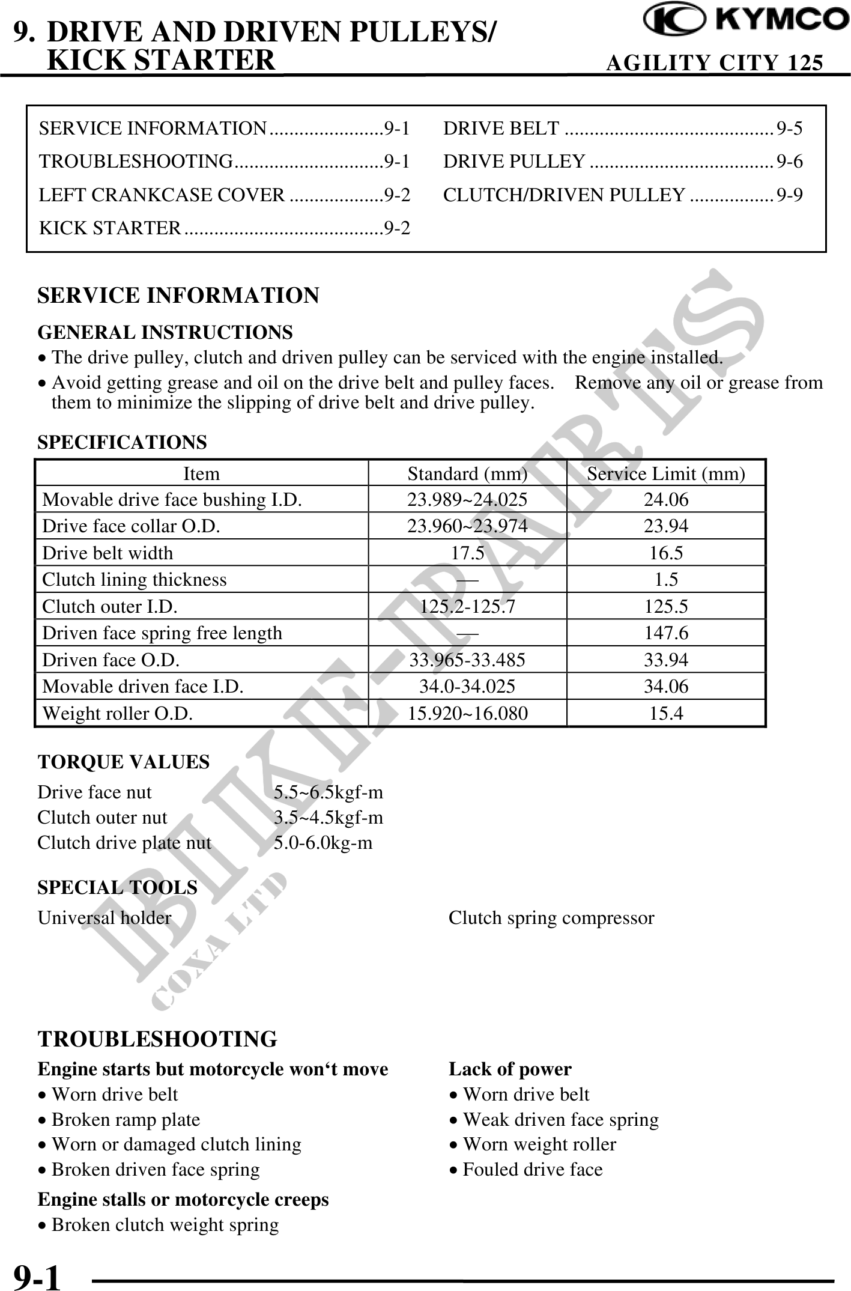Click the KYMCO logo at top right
[x=745, y=21]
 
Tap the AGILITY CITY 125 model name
[x=714, y=62]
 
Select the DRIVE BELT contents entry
[x=622, y=128]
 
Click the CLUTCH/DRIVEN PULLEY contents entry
[x=622, y=195]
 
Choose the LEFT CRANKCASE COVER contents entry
[x=225, y=195]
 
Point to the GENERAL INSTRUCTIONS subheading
[x=165, y=332]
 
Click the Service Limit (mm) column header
[x=665, y=474]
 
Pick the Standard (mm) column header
[x=467, y=474]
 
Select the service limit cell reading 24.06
[x=666, y=500]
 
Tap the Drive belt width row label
[x=108, y=553]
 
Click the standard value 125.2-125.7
[x=467, y=606]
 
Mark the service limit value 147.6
[x=666, y=633]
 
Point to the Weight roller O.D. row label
[x=118, y=713]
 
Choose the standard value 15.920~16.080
[x=468, y=713]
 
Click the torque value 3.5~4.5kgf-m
[x=328, y=817]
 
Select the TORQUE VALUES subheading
[x=124, y=762]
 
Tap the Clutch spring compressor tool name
[x=551, y=917]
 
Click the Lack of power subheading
[x=510, y=1069]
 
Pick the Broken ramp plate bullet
[x=126, y=1119]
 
